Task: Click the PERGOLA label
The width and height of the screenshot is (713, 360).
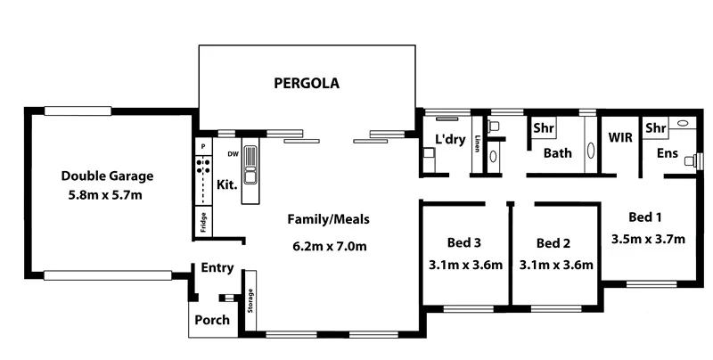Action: tap(306, 85)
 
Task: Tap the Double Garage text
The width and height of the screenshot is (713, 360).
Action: tap(107, 176)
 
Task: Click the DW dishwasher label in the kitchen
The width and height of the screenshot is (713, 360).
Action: tap(232, 153)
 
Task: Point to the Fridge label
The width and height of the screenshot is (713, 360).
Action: tap(202, 222)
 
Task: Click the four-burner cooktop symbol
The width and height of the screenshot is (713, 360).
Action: tap(203, 165)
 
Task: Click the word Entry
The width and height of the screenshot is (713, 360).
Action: tap(217, 268)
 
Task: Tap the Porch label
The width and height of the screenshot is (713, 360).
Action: tap(211, 320)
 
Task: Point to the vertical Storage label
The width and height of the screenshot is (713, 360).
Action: tap(250, 301)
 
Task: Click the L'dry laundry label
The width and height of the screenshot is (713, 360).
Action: tap(451, 139)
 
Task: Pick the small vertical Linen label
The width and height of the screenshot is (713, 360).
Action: tap(478, 143)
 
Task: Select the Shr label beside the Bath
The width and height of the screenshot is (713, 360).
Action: tap(544, 128)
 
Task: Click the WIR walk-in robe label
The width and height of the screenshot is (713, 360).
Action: tap(620, 138)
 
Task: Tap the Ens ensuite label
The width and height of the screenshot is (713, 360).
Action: tap(667, 153)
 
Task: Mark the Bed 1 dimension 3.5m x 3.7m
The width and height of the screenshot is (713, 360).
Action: tap(648, 239)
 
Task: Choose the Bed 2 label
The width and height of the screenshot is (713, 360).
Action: tap(553, 243)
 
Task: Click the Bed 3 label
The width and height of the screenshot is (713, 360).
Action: tap(464, 243)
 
